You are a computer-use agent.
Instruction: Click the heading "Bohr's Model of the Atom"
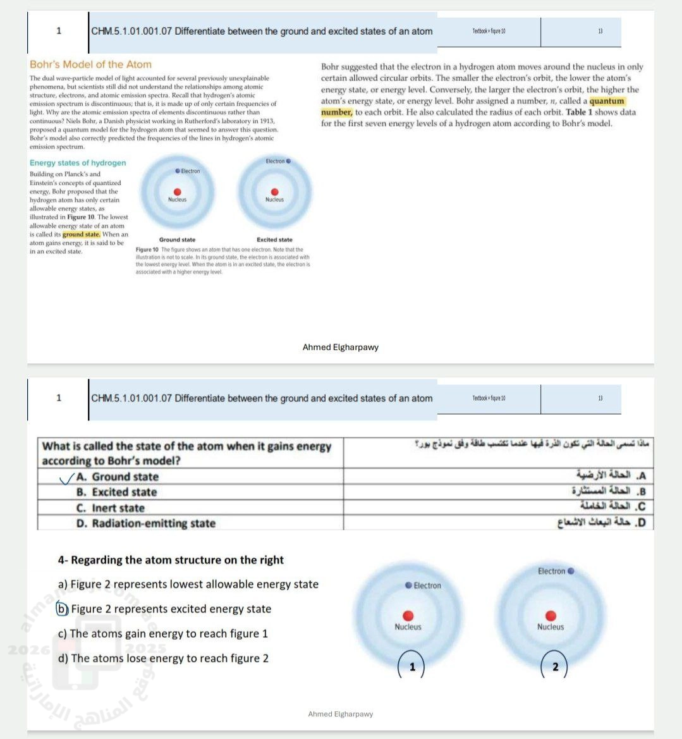pos(90,64)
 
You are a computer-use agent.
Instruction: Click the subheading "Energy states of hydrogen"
pos(78,163)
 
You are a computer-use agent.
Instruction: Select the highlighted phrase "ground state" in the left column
pos(82,235)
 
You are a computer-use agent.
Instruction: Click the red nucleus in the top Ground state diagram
pos(178,192)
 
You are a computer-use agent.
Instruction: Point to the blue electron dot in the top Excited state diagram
pos(289,161)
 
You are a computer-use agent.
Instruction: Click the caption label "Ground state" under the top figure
pos(177,240)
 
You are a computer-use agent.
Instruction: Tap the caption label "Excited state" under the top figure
pos(274,240)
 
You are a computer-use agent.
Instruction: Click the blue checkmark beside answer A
pos(66,479)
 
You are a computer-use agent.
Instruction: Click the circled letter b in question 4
pos(62,609)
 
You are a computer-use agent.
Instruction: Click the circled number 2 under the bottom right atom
pos(556,666)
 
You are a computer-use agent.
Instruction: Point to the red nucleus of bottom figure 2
pos(551,616)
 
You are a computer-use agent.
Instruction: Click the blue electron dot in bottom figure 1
pos(408,585)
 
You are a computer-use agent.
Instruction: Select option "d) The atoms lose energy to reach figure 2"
pos(163,658)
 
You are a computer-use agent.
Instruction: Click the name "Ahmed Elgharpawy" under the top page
pos(341,347)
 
